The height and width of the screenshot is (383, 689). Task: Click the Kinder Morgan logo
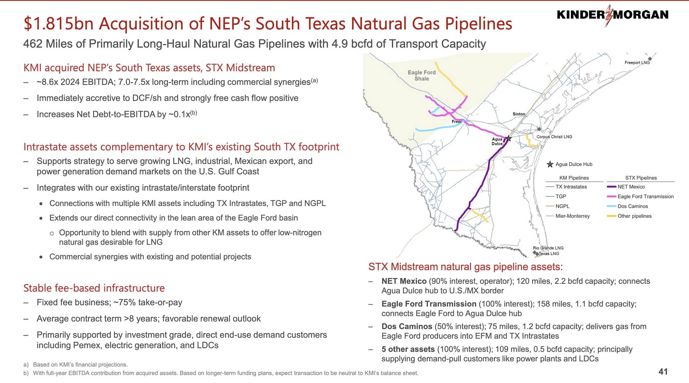point(613,15)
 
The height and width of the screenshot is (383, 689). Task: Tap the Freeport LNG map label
point(637,62)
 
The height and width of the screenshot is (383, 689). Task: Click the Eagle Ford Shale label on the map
point(422,75)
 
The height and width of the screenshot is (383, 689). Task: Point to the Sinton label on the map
point(519,114)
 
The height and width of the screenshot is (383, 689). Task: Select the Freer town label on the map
point(456,122)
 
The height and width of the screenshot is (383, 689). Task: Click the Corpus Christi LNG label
point(554,137)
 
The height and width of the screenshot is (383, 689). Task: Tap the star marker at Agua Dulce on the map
point(508,138)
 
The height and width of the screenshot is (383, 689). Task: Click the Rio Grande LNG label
point(548,248)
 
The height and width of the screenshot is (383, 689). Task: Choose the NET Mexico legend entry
point(626,187)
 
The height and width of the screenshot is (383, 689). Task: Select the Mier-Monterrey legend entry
point(568,216)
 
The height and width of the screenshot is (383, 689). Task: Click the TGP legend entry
point(556,196)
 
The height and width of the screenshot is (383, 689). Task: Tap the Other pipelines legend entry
point(629,216)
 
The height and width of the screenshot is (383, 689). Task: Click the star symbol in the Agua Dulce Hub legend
point(550,164)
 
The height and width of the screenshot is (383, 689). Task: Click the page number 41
point(663,372)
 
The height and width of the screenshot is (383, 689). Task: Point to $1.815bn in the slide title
point(59,24)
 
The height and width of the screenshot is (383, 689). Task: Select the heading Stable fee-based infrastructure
point(94,288)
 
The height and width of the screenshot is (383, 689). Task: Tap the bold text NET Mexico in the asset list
point(404,281)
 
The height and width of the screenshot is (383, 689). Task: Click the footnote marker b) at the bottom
point(26,373)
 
